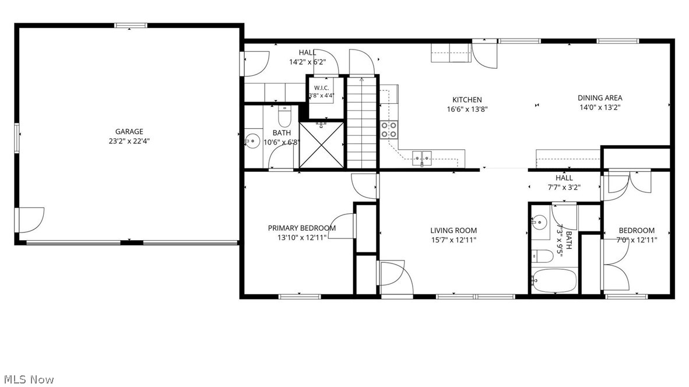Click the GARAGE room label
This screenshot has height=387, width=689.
point(129,131)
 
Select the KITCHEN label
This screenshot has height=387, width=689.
point(467,100)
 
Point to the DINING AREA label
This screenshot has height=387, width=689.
point(600,98)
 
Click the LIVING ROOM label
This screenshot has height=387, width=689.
point(454,230)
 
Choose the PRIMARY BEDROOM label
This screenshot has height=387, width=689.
point(302,228)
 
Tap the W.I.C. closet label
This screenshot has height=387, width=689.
point(321,88)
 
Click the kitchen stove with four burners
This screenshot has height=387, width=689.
point(389,129)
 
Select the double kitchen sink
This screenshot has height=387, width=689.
point(422,157)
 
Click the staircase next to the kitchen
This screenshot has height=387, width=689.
point(363,122)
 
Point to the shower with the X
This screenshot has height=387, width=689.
point(322,145)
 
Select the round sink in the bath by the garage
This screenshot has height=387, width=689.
point(252,142)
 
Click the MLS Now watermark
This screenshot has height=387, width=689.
point(29,379)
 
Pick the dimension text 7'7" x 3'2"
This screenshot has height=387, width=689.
point(564,187)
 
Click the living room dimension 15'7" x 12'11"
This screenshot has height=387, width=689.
point(454,240)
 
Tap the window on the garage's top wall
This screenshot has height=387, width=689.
point(131,26)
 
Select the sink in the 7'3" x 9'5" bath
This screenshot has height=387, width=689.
point(538,222)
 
